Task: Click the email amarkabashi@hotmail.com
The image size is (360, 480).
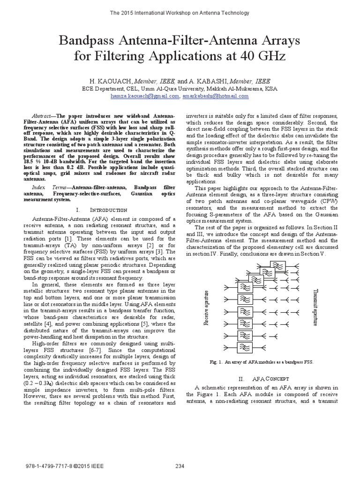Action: tap(215, 96)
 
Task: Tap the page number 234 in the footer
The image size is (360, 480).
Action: tap(180, 466)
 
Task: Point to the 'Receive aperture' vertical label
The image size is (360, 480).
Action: tap(205, 307)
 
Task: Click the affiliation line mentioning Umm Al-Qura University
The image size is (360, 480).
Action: tap(180, 88)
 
